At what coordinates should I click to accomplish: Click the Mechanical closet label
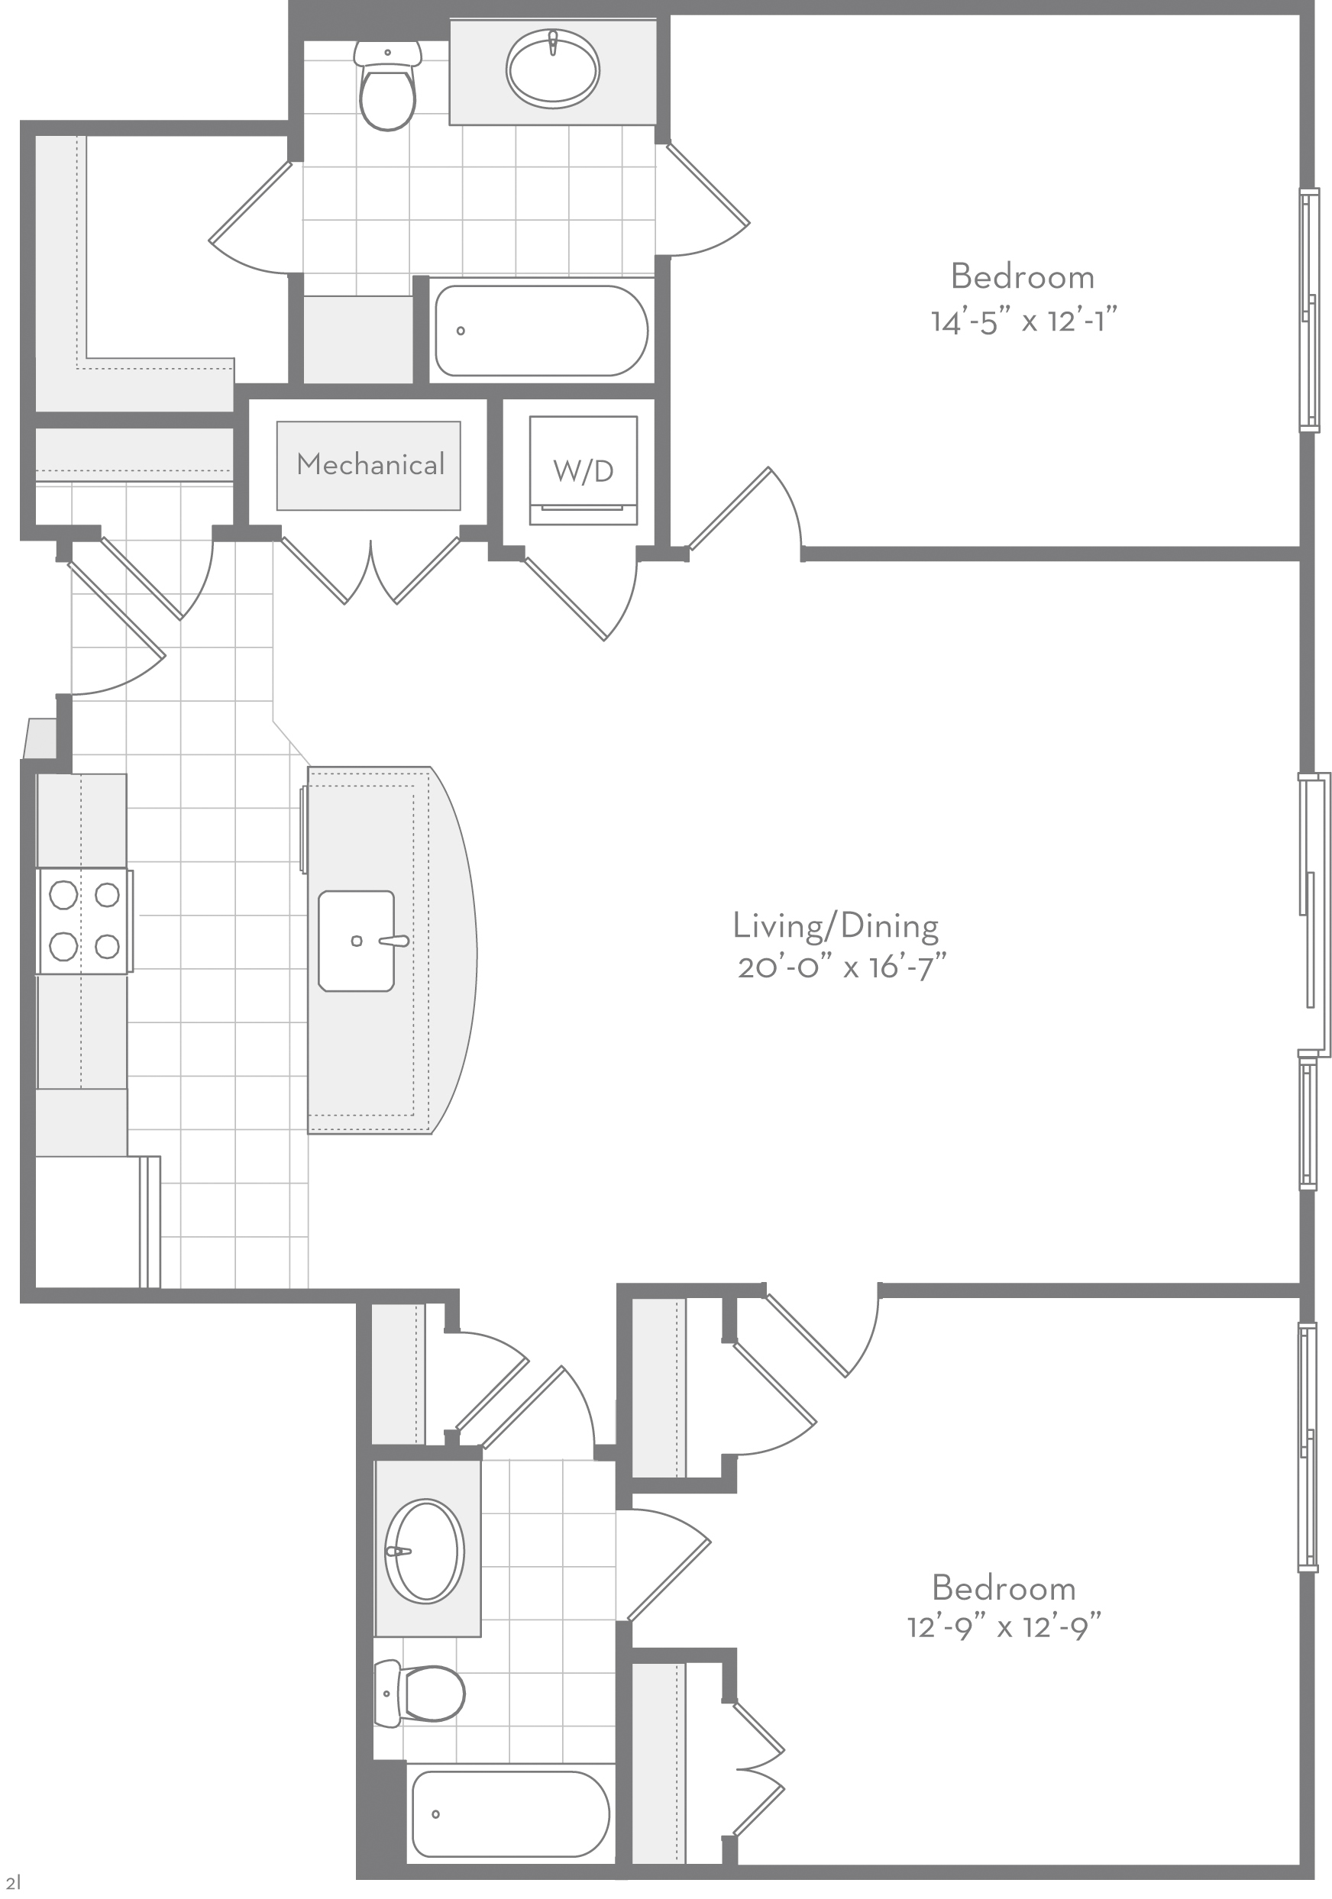(370, 464)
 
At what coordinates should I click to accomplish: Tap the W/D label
(584, 470)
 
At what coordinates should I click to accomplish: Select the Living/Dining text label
(836, 926)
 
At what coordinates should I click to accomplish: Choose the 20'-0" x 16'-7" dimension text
(842, 966)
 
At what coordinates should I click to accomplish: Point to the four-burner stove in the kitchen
(84, 921)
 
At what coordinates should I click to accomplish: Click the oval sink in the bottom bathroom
(425, 1552)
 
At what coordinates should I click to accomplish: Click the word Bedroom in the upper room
(1023, 276)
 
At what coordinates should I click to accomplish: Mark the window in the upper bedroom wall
(1308, 310)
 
